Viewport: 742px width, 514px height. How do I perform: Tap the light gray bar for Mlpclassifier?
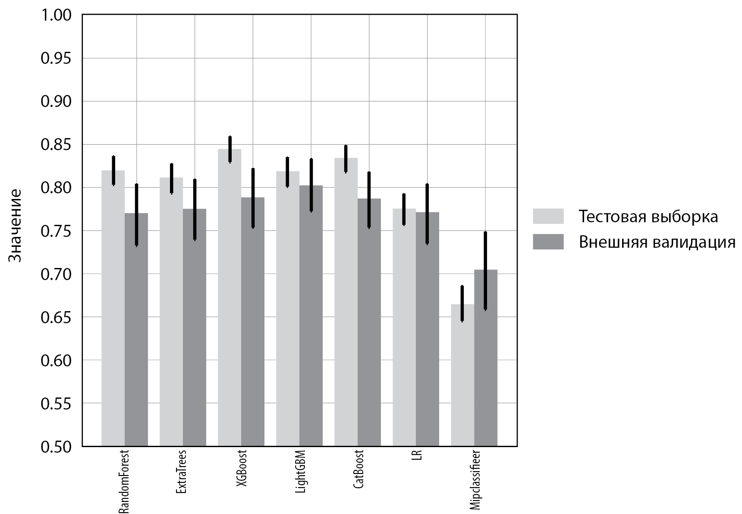pos(462,375)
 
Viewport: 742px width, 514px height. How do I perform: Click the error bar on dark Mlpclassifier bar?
pos(485,271)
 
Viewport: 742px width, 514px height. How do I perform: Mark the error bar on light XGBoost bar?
pos(230,149)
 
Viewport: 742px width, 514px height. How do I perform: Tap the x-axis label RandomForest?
pos(124,482)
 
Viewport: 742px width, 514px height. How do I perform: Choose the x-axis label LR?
pos(416,456)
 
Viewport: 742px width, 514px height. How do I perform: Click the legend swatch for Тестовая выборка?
pos(548,216)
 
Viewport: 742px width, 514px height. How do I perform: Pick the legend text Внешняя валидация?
pos(657,242)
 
